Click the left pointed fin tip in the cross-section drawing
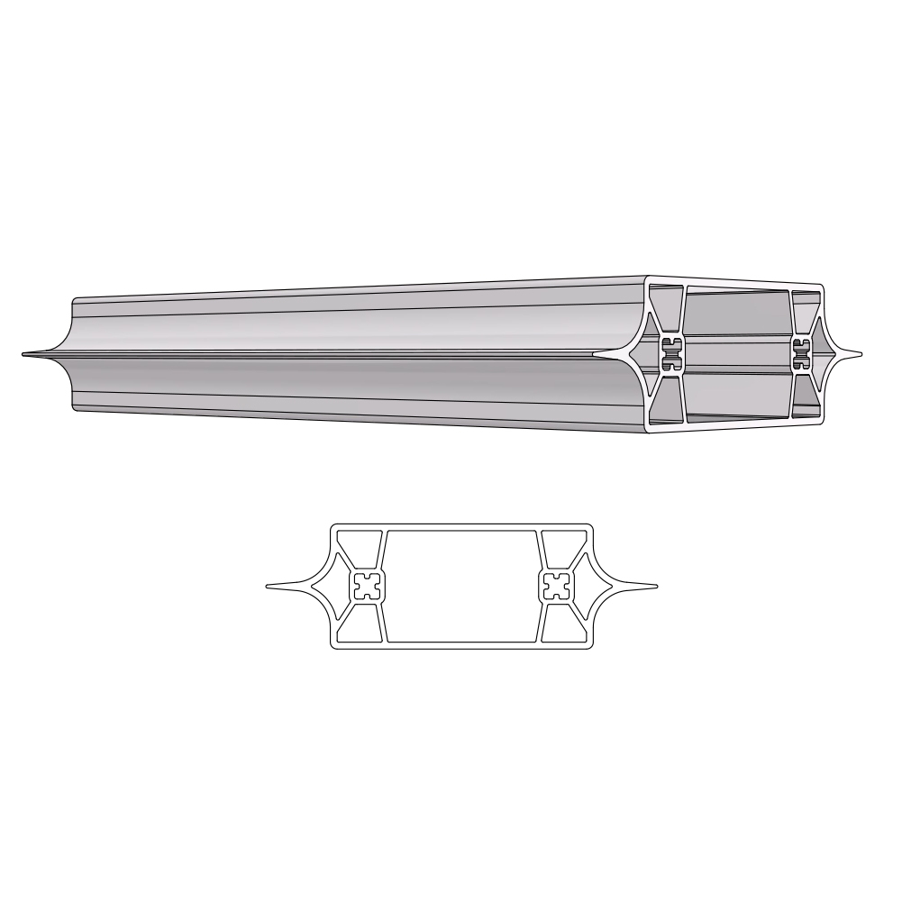269,587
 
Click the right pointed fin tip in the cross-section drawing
655,587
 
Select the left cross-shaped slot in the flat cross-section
368,587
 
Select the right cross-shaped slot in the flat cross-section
556,587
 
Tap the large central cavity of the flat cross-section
461,587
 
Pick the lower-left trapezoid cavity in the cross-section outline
362,625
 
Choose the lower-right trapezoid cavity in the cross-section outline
560,625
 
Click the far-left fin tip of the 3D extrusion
25,354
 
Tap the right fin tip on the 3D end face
859,353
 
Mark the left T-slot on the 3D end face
670,354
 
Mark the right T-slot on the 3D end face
800,353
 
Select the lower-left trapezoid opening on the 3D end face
665,400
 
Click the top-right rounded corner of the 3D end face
820,289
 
